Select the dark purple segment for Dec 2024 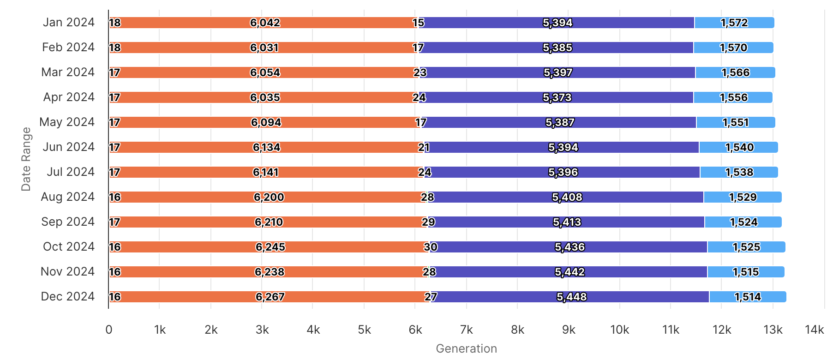click(508, 297)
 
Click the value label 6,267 click(270, 297)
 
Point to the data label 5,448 click(571, 297)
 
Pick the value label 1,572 click(734, 23)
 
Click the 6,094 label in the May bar click(266, 122)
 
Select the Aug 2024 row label click(67, 197)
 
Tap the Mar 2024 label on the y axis click(67, 72)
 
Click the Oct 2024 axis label click(68, 247)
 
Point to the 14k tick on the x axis click(814, 330)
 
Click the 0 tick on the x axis click(109, 330)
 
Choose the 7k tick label click(467, 330)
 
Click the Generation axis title click(466, 348)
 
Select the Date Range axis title click(26, 159)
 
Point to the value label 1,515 click(746, 272)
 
